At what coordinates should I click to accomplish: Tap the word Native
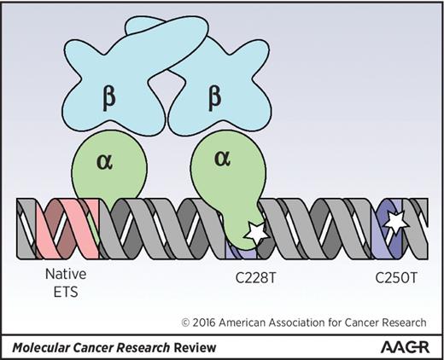66,277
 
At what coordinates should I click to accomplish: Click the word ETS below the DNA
66,293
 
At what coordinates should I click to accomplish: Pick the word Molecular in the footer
37,346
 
